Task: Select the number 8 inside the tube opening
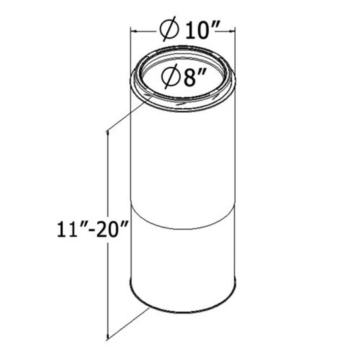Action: (185, 77)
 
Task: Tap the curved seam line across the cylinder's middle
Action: (182, 220)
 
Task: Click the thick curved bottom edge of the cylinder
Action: (182, 309)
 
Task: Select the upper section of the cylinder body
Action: (182, 162)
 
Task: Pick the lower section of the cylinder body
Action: (182, 263)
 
